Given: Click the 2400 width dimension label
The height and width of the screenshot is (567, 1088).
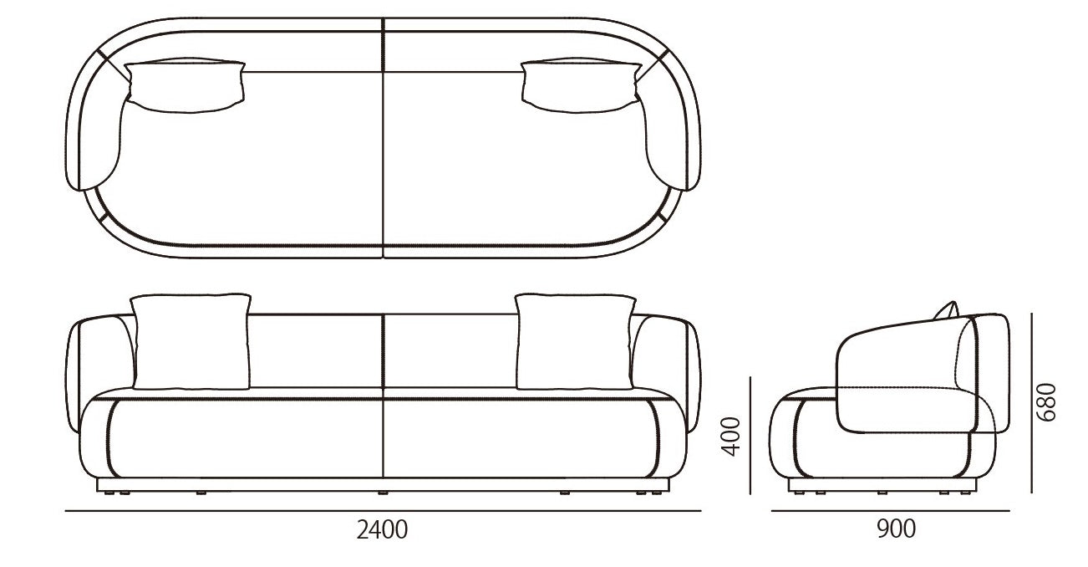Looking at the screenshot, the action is [x=382, y=530].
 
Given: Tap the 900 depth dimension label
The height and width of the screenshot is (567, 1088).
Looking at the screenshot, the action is [x=896, y=529].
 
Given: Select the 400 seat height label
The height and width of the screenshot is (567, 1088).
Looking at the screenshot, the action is [x=731, y=437].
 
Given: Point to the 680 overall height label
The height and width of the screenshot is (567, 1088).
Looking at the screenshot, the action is [x=1045, y=402].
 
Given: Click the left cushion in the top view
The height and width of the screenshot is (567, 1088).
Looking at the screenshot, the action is [x=185, y=86].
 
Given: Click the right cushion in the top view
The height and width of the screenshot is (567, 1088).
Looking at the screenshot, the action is [x=582, y=86].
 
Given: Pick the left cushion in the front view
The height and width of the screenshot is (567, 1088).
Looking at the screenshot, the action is [x=191, y=341].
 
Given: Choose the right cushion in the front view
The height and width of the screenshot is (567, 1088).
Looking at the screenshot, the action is [x=575, y=341].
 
